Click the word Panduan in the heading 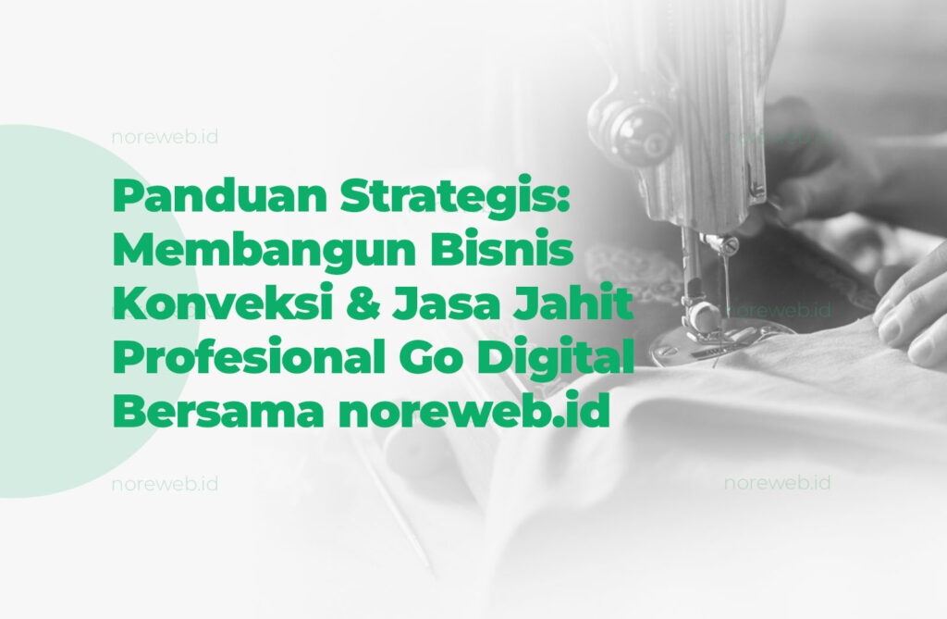tap(220, 196)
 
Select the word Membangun tap(264, 250)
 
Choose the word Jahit tap(572, 303)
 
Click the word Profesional tap(249, 357)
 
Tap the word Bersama tap(217, 413)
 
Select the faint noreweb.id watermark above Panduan tap(165, 137)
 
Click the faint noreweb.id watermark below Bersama tap(165, 484)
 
